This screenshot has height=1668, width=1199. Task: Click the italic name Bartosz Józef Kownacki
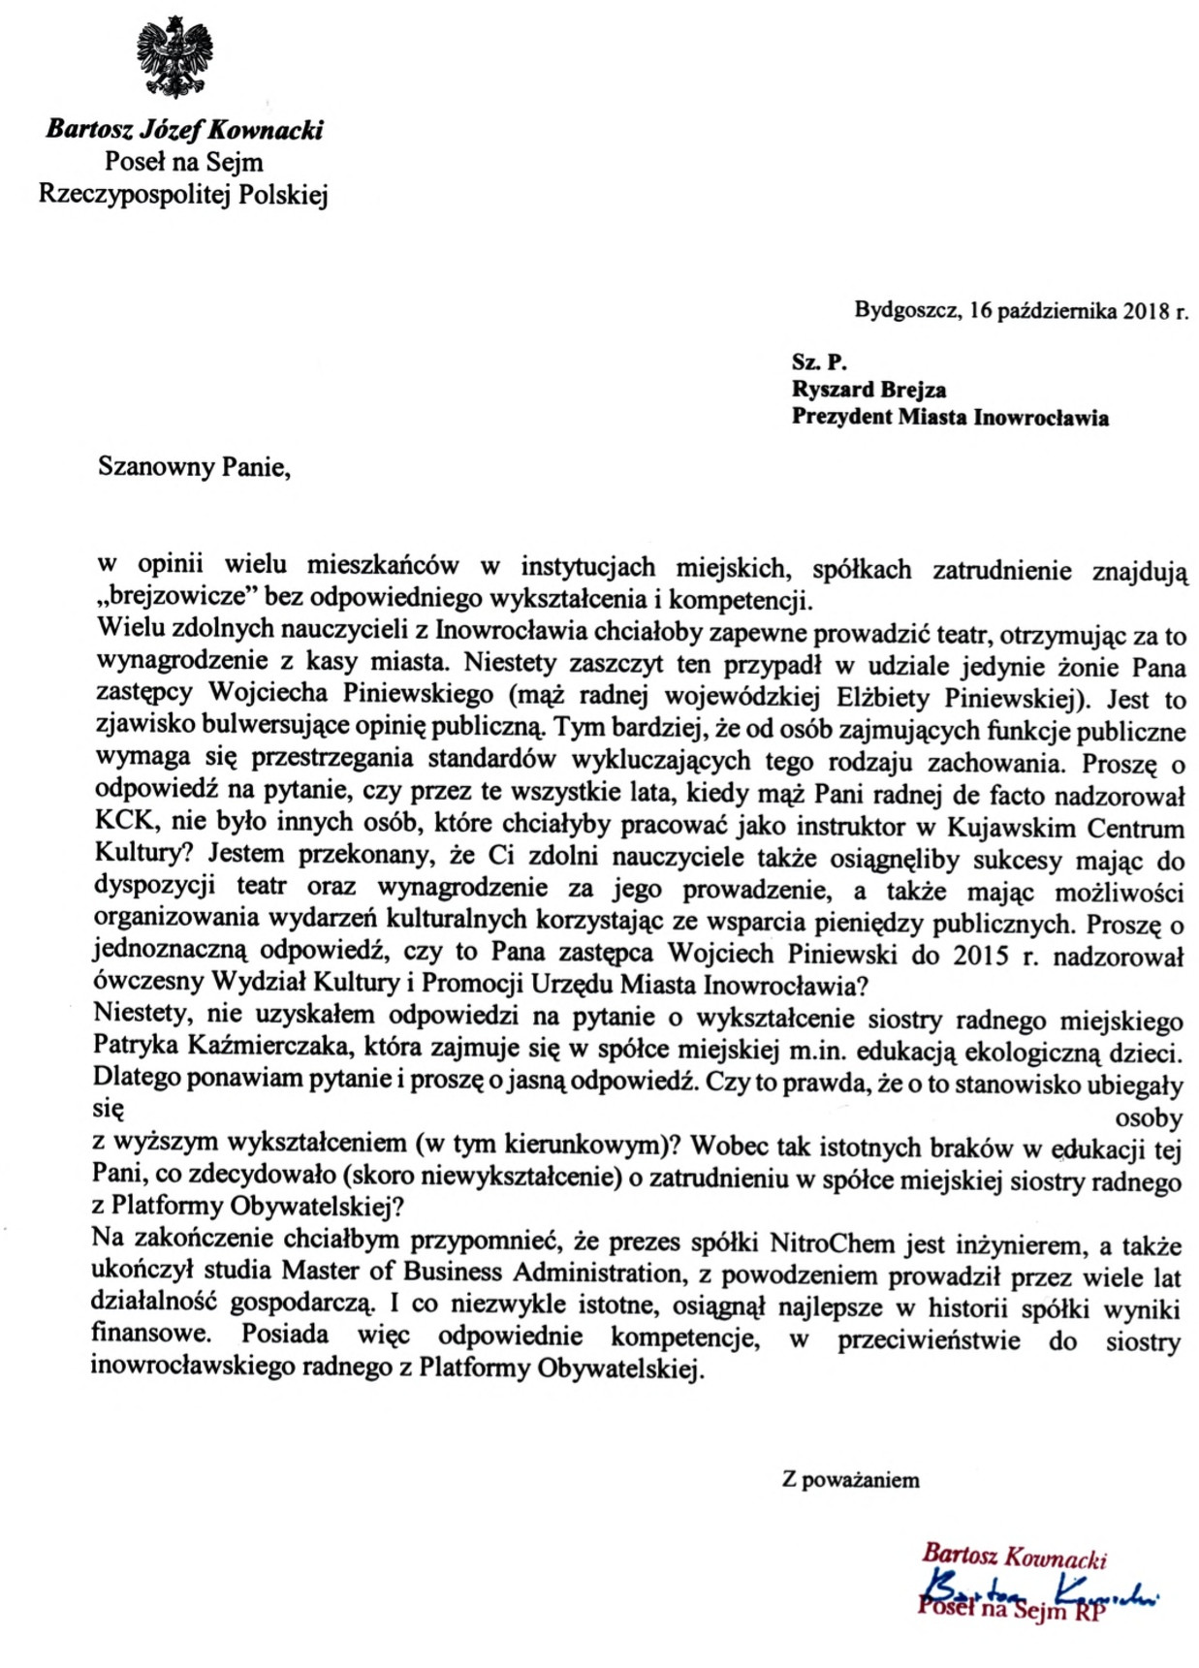[x=184, y=129]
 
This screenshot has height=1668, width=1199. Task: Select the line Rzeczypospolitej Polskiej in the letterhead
[x=183, y=195]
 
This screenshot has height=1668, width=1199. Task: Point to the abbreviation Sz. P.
[x=819, y=362]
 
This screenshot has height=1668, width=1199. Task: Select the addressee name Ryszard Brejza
[x=868, y=390]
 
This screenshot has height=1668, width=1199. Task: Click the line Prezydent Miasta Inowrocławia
[x=950, y=418]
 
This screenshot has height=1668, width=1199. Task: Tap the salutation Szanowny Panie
[x=194, y=467]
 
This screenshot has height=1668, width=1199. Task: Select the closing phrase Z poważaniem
[x=850, y=1480]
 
